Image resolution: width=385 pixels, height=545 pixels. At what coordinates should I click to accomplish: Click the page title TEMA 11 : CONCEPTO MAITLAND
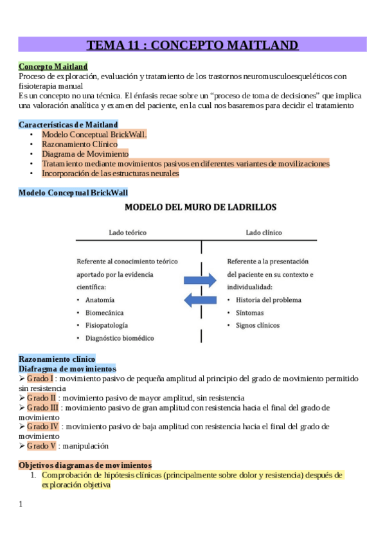coord(192,45)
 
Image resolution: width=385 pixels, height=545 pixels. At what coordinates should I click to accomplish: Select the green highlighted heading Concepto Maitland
coord(53,66)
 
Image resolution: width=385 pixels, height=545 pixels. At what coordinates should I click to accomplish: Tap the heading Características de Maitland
coord(68,125)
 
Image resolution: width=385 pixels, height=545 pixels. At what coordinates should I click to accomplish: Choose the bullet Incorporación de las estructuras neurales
coord(110,173)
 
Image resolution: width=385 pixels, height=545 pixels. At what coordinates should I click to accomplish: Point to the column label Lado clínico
coord(264,232)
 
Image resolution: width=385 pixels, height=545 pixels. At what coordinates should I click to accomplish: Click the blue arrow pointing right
coord(200,280)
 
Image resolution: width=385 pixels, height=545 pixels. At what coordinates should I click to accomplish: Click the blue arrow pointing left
coord(200,299)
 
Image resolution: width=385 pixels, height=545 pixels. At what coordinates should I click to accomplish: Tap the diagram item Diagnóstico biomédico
coord(120,337)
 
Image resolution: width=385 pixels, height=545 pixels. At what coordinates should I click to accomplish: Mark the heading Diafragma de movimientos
coord(67,369)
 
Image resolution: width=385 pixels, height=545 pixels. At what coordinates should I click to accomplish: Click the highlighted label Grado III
coord(44,407)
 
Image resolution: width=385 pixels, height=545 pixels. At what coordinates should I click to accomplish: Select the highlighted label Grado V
coord(42,445)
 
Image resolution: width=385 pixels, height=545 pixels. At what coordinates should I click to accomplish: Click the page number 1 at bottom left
coord(21,504)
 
